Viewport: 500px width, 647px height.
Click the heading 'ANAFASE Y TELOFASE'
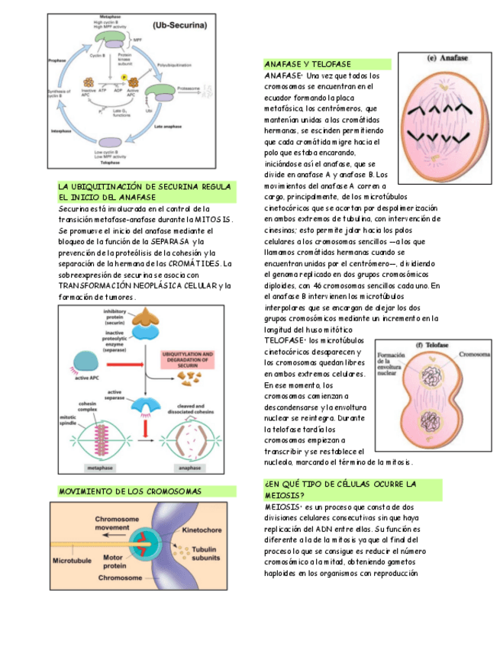click(308, 64)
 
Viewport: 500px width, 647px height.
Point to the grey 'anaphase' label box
click(190, 467)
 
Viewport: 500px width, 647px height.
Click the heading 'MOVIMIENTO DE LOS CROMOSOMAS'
click(131, 491)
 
